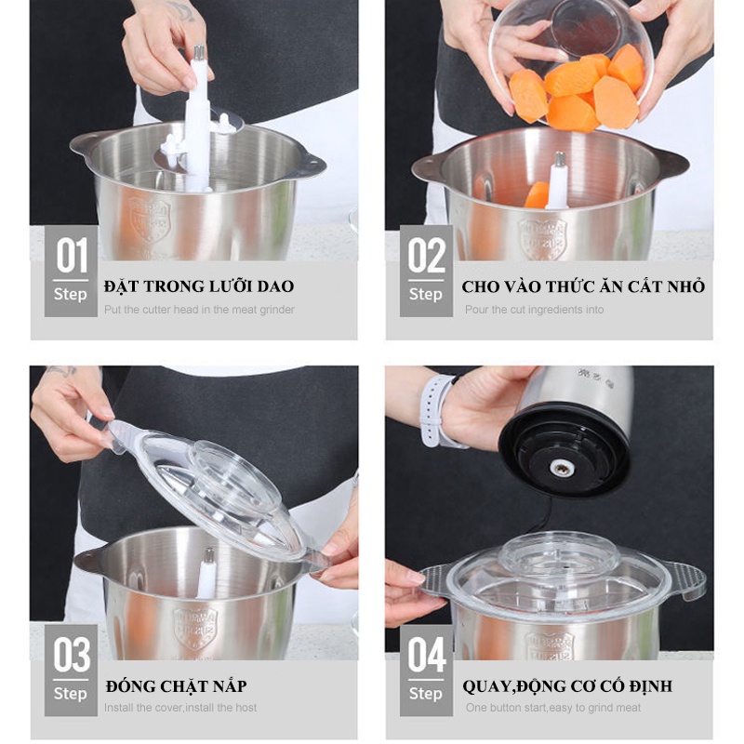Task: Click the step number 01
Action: point(72,256)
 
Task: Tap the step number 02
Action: point(426,256)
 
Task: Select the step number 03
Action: point(72,656)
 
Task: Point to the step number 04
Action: point(426,656)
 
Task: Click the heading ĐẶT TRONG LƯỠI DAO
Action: point(199,286)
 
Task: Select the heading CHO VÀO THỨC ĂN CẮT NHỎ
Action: point(583,286)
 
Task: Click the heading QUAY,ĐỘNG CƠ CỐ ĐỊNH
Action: point(566,686)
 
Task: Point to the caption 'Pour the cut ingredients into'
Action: point(534,310)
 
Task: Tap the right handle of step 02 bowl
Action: point(668,163)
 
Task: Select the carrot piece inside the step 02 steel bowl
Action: point(537,194)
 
